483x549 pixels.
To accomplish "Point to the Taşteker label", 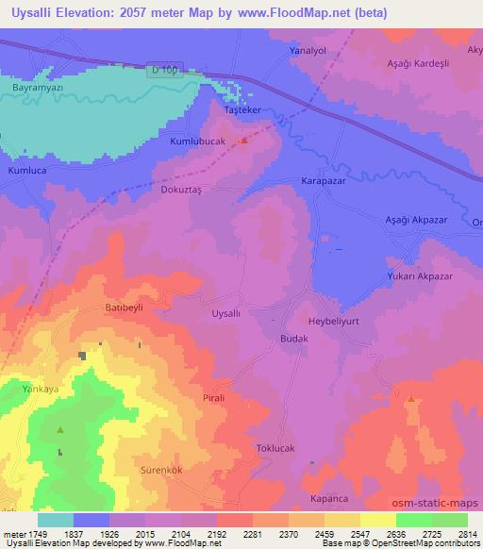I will (x=241, y=109).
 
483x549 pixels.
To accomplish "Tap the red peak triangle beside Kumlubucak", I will (x=244, y=141).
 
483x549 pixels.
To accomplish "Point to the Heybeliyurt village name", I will (x=329, y=320).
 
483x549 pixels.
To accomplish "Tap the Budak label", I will (x=293, y=337).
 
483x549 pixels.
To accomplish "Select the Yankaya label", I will (x=41, y=388).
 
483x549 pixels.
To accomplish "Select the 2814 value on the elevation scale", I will (x=466, y=534).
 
